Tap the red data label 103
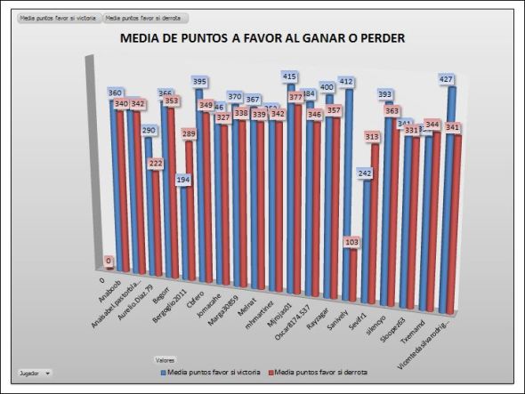pyautogui.click(x=351, y=242)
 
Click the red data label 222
pyautogui.click(x=156, y=163)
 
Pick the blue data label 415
pyautogui.click(x=288, y=77)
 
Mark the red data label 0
pyautogui.click(x=109, y=261)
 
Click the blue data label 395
pyautogui.click(x=199, y=82)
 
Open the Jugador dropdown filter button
pyautogui.click(x=35, y=373)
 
